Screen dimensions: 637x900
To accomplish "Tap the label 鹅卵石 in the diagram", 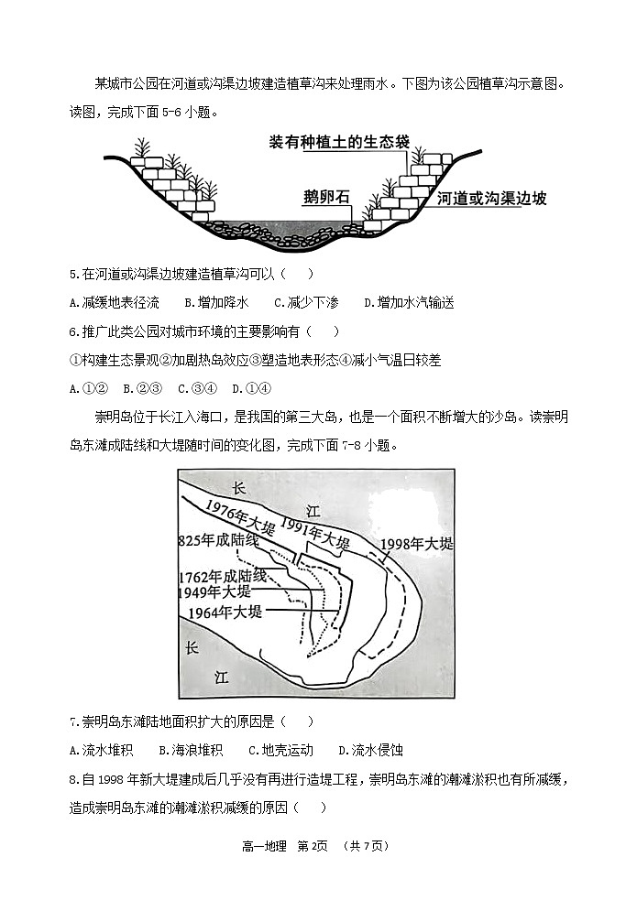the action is [x=327, y=197].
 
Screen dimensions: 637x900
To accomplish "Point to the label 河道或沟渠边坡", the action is [x=491, y=198].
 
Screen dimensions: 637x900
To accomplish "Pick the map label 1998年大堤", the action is [x=416, y=544].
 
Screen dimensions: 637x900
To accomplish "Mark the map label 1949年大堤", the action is [x=219, y=592].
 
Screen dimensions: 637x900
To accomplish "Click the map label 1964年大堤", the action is [x=225, y=613].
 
